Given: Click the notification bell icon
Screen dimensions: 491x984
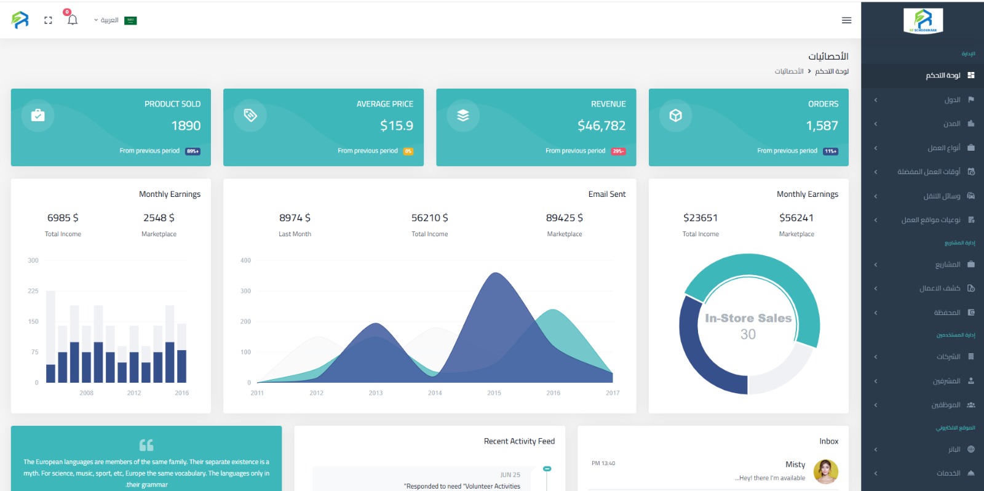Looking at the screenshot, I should click(x=73, y=20).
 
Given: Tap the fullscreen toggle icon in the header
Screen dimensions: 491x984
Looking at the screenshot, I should click(x=48, y=20).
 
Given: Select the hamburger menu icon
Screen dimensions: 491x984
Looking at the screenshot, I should click(x=846, y=20).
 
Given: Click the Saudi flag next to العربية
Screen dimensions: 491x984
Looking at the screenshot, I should click(x=130, y=20).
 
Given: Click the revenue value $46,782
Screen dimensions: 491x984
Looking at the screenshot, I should click(x=601, y=126).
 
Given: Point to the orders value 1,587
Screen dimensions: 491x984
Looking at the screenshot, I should click(x=822, y=126).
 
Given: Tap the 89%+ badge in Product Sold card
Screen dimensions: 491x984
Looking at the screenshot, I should click(x=192, y=151).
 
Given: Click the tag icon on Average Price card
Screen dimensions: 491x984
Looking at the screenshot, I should click(x=250, y=115).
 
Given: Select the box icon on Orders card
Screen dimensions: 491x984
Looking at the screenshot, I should click(x=675, y=115).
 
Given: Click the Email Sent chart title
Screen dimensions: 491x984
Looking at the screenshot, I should click(x=606, y=194).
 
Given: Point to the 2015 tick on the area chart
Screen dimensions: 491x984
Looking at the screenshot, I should click(x=494, y=393).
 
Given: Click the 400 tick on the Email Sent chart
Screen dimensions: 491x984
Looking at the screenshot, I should click(x=245, y=260).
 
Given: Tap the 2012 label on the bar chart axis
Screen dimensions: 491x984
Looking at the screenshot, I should click(x=134, y=393).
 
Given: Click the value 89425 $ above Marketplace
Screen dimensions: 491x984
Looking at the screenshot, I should click(x=564, y=218).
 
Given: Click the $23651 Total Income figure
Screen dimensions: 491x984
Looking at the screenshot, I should click(x=700, y=218).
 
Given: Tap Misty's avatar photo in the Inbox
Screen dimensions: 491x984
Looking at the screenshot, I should click(x=825, y=471).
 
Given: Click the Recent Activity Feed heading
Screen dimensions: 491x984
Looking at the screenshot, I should click(x=519, y=441).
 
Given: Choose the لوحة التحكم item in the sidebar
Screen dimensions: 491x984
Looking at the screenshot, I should click(x=943, y=75).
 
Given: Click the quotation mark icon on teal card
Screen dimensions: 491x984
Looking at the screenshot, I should click(x=146, y=445).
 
